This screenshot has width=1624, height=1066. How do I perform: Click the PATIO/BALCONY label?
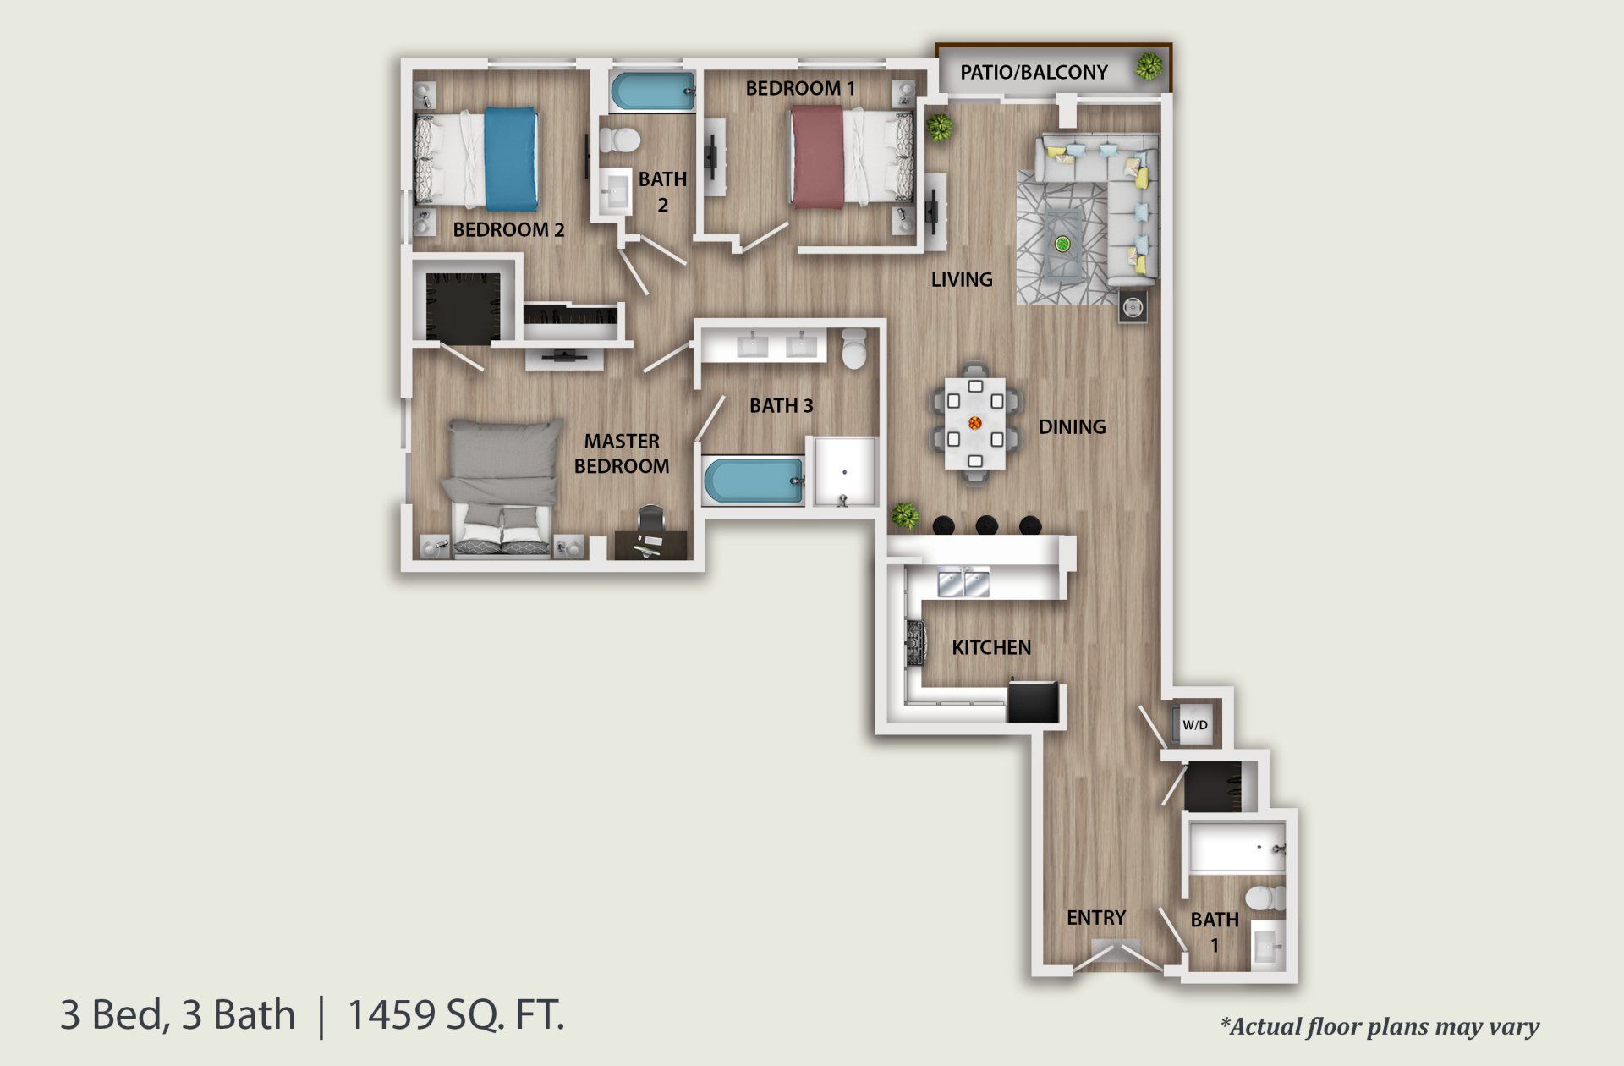[x=1033, y=73]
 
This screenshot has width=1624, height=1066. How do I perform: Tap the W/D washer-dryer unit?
[x=1193, y=725]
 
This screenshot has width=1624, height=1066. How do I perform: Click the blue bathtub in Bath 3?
[x=752, y=482]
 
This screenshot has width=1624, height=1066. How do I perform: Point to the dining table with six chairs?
[x=974, y=421]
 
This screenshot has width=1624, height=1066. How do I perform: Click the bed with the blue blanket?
[x=477, y=159]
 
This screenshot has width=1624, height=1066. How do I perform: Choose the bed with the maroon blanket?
[x=851, y=159]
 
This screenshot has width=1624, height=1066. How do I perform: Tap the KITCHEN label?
[x=991, y=648]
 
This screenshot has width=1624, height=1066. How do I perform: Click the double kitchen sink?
[x=964, y=582]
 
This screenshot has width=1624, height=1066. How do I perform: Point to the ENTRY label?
[x=1095, y=918]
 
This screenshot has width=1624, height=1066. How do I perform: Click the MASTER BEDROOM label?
[x=622, y=453]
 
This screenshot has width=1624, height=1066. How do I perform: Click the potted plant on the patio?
[x=1149, y=66]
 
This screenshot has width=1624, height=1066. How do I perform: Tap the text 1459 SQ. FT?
[x=456, y=1014]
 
